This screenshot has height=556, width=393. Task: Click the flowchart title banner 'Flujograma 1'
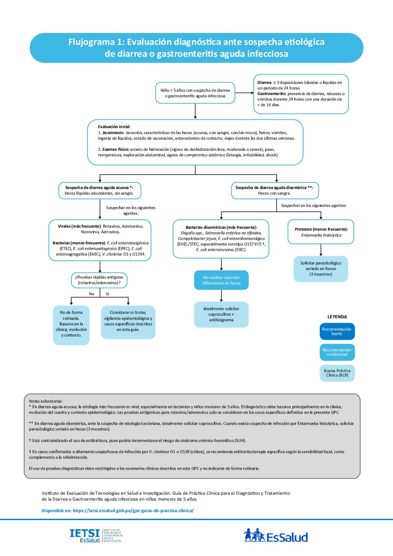pos(196,48)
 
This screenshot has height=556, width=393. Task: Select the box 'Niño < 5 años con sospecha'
pos(195,93)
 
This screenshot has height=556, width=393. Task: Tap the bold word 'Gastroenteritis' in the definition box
pos(272,94)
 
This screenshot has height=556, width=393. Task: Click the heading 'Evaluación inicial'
pos(114,127)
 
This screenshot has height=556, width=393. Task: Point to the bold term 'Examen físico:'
pos(116,149)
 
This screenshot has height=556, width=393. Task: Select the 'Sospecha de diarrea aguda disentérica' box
pos(275,190)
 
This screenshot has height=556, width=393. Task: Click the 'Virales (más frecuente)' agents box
pos(100,240)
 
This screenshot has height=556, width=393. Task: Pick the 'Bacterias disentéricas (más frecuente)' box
pos(221,238)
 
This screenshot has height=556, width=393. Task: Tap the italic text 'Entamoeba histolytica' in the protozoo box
pos(321,235)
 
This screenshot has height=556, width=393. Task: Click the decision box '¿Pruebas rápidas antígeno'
pos(99,280)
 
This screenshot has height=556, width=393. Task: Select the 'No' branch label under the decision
pos(91,294)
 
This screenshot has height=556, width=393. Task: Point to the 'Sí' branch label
pos(108,294)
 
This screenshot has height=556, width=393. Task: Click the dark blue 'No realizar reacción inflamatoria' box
pos(221,280)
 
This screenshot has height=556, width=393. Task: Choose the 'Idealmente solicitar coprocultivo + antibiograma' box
pos(221,314)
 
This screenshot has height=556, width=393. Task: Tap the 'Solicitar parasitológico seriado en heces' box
pos(321,269)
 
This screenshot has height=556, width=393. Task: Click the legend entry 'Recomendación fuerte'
pos(337,331)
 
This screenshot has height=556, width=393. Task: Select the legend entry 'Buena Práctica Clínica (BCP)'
pos(337,373)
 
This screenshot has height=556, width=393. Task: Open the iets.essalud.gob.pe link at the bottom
pos(133,510)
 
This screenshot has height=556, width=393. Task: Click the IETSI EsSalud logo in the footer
pos(95,535)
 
